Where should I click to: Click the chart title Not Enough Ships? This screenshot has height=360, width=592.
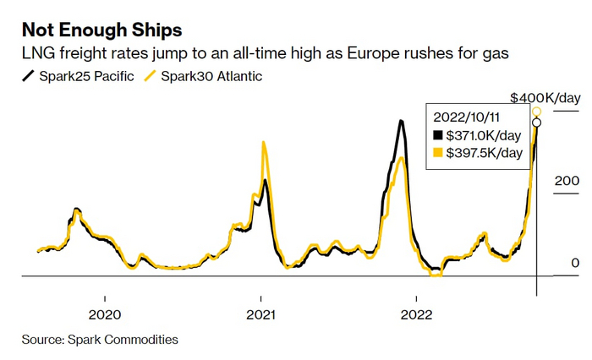pos(101,30)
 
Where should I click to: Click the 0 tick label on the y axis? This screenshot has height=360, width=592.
pos(575,264)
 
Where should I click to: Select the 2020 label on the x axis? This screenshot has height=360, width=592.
pos(105,313)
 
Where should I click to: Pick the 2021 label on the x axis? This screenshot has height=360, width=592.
pos(260,313)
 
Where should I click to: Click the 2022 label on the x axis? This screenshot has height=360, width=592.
pos(416,313)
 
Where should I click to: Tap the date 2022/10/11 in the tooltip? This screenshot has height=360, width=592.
pos(466,117)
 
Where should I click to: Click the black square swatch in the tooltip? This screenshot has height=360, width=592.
pos(437,135)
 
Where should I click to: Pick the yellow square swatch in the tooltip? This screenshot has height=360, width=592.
pos(437,153)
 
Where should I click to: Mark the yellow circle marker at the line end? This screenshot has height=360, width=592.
pos(536,112)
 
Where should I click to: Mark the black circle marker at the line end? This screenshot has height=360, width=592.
pos(536,123)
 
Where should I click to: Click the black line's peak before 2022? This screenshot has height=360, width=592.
pos(400,121)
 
